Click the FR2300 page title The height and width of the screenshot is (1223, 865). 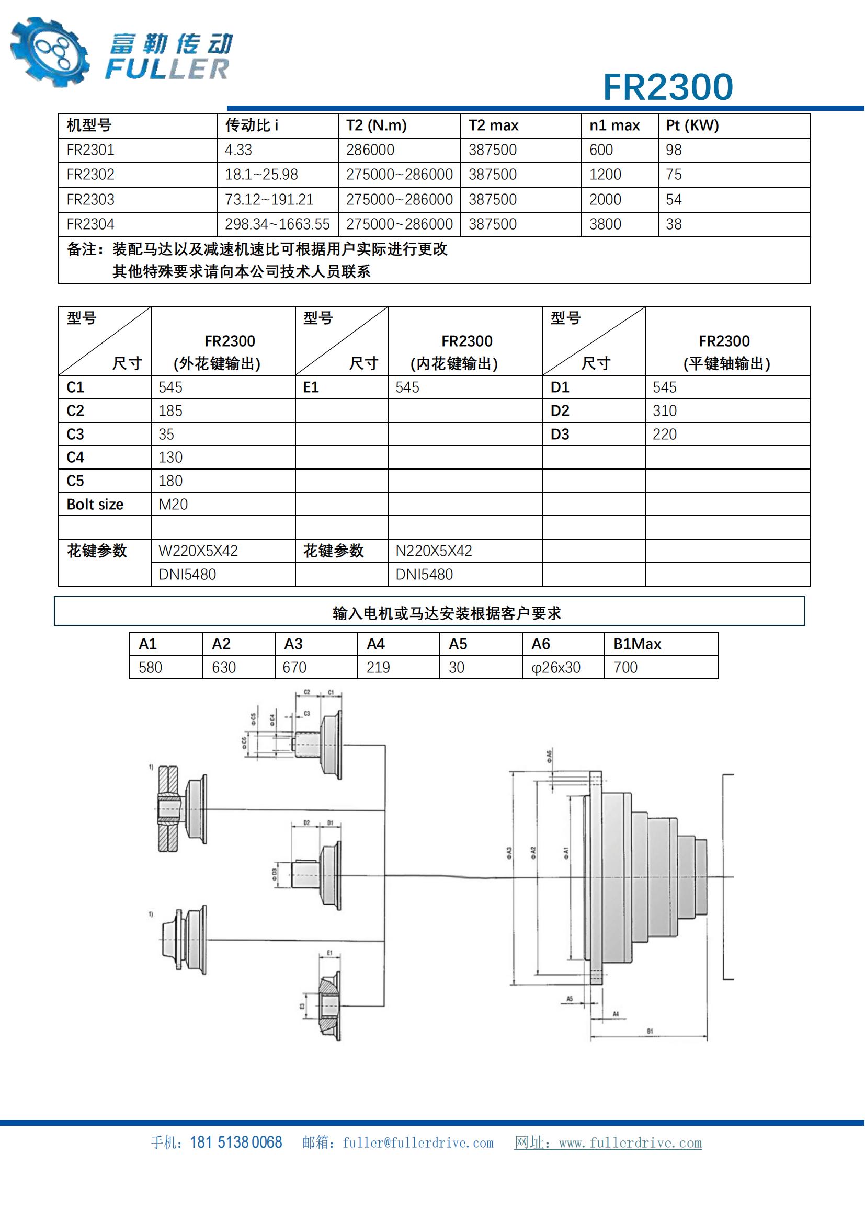click(x=667, y=87)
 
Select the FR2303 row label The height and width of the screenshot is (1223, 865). click(x=90, y=200)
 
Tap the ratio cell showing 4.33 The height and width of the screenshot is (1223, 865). click(x=238, y=150)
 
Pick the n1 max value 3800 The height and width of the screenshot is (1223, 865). click(x=605, y=224)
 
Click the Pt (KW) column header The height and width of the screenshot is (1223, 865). click(x=692, y=125)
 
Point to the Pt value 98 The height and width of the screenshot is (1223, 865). click(x=673, y=150)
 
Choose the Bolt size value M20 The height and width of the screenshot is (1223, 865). click(x=173, y=505)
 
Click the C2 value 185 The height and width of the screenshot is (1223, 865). click(x=170, y=410)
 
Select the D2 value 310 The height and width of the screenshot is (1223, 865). click(x=664, y=410)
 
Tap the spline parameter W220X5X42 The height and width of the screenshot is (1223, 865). click(x=198, y=551)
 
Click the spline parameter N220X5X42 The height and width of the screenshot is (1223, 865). click(x=434, y=551)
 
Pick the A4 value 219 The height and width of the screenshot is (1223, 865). click(x=378, y=667)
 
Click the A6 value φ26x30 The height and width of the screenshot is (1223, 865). click(x=555, y=667)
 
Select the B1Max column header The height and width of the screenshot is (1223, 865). click(x=637, y=644)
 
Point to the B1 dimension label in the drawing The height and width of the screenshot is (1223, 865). click(x=650, y=1032)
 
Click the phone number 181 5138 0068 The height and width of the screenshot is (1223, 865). click(x=235, y=1142)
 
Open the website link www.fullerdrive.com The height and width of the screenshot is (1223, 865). click(x=630, y=1143)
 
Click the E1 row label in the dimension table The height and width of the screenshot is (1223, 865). click(x=311, y=387)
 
